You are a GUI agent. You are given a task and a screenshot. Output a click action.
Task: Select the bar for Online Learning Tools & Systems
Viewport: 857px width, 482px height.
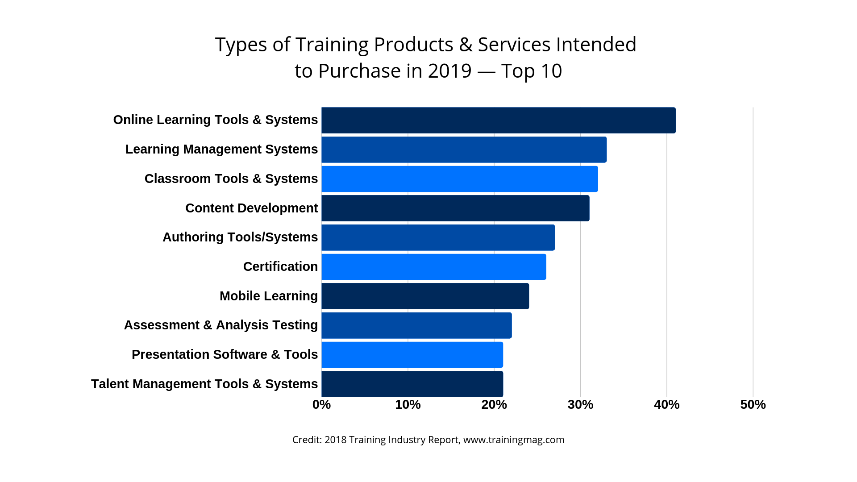tap(498, 120)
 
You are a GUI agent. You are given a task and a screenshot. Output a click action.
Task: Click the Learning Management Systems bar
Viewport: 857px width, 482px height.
tap(464, 150)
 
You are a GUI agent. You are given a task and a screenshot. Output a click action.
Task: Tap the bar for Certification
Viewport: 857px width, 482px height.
tap(433, 267)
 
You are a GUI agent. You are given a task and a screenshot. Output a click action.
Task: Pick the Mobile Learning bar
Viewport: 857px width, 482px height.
tap(425, 296)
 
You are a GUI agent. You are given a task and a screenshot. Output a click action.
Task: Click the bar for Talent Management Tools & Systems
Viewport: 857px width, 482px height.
tap(412, 384)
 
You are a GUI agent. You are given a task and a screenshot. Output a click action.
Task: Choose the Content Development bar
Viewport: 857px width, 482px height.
tap(455, 208)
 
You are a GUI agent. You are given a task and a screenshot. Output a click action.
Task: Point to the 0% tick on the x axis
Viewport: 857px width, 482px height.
tap(321, 405)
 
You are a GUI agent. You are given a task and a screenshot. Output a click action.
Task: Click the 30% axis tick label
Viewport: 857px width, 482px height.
tap(580, 405)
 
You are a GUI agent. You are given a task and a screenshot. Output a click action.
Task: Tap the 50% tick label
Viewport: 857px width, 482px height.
tap(753, 405)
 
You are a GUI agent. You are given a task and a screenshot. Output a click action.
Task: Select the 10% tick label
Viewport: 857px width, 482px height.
tap(408, 405)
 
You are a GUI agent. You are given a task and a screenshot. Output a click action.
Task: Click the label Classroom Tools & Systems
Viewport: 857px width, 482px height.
tap(231, 179)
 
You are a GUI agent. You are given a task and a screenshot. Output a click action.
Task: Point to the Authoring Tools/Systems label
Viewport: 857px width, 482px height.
tap(240, 237)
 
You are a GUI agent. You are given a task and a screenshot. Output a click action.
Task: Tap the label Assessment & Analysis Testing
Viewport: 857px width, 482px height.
tap(220, 325)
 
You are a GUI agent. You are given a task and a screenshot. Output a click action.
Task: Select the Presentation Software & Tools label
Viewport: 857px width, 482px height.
tap(225, 354)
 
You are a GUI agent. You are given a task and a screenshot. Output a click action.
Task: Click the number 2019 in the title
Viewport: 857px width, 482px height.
tap(449, 71)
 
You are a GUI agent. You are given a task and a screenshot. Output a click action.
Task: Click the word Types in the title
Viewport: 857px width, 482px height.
tap(241, 45)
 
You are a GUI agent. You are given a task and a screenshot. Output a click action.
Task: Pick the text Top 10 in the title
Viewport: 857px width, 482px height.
tap(531, 71)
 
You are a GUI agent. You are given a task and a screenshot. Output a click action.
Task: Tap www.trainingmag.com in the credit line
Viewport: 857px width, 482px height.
tap(514, 440)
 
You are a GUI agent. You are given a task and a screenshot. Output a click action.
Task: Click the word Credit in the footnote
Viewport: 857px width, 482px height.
tap(306, 440)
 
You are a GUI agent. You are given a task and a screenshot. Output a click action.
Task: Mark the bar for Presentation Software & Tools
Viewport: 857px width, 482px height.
tap(412, 355)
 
